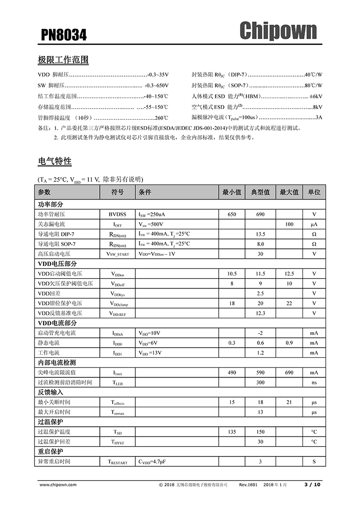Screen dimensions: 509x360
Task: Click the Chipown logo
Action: pos(278,31)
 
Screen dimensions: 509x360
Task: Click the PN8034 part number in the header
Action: pos(64,35)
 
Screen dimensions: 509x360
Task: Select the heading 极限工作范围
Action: pos(63,60)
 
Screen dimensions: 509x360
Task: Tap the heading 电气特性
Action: pos(55,161)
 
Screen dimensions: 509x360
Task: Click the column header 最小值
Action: pos(231,192)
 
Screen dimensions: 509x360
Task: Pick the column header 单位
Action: pos(314,192)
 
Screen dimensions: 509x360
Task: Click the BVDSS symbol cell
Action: pos(117,214)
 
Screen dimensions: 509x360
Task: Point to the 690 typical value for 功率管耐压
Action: pos(260,214)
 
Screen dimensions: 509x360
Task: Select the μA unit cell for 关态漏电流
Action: pos(314,224)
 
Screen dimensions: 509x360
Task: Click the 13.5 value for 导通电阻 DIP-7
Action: pos(260,234)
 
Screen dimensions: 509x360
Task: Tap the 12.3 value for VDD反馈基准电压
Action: pos(260,313)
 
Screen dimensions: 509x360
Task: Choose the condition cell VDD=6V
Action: pos(149,343)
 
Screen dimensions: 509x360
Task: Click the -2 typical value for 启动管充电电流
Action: pos(260,333)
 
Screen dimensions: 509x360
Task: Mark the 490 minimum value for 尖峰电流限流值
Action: pos(231,373)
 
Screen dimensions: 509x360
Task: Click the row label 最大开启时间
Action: pos(54,412)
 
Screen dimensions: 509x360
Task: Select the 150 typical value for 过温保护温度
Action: pos(260,432)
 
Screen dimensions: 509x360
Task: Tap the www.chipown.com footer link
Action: pos(58,485)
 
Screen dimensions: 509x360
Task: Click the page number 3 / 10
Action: pos(312,485)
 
